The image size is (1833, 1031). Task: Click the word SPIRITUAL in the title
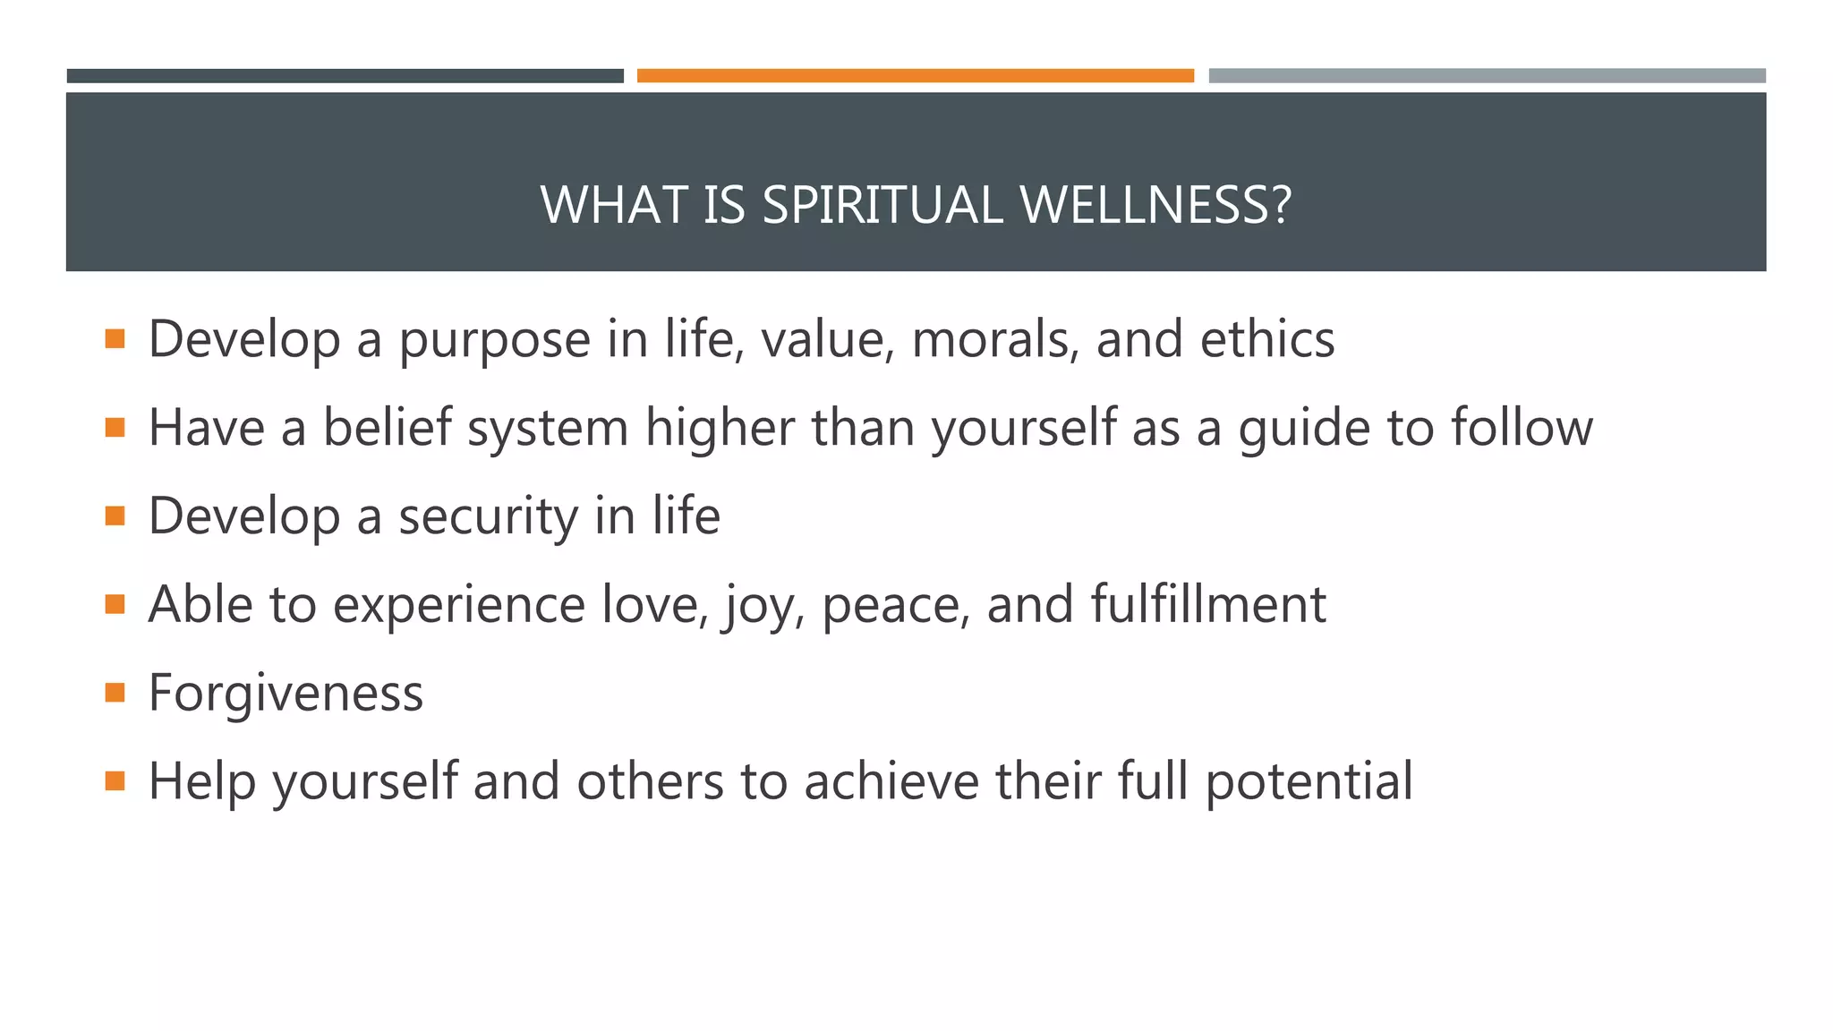click(882, 205)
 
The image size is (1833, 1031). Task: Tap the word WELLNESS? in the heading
click(1155, 205)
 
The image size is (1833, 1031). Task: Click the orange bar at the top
click(915, 76)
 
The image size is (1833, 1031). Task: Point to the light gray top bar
click(1487, 76)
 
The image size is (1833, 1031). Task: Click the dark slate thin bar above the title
click(345, 76)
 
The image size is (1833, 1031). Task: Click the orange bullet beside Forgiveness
click(115, 693)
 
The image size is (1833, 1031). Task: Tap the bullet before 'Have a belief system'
click(115, 427)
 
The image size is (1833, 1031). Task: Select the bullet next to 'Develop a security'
click(115, 515)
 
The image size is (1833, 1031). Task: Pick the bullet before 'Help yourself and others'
click(115, 781)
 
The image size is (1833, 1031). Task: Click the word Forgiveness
click(286, 694)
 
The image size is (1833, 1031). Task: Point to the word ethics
click(1266, 339)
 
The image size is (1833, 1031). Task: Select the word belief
click(387, 427)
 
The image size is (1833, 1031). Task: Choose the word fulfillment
click(1208, 604)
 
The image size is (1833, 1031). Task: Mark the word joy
click(756, 606)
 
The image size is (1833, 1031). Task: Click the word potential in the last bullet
click(1309, 782)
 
